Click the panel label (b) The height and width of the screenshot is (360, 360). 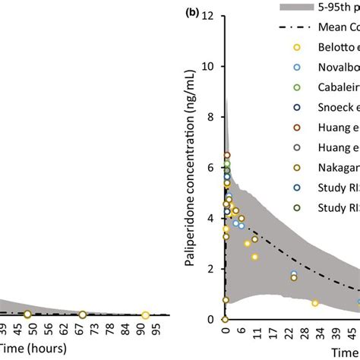[x=196, y=13]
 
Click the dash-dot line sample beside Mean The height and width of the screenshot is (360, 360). [x=297, y=27]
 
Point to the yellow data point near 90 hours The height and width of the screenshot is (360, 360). [x=145, y=314]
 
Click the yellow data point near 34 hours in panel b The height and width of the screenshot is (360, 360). [x=315, y=303]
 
